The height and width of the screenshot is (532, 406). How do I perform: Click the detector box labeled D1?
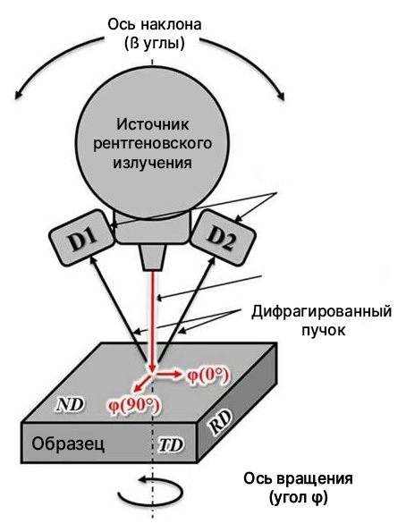pyautogui.click(x=81, y=238)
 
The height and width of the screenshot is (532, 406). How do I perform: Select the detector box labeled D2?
pyautogui.click(x=223, y=238)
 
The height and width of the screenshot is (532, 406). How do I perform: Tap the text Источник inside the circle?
pyautogui.click(x=153, y=124)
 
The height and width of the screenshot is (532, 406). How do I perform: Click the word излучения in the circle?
pyautogui.click(x=152, y=163)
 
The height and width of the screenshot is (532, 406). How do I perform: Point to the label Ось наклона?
pyautogui.click(x=155, y=25)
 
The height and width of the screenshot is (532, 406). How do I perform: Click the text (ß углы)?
pyautogui.click(x=155, y=44)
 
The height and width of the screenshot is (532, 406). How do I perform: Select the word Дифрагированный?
pyautogui.click(x=321, y=312)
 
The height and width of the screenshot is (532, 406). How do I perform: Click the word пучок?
pyautogui.click(x=324, y=331)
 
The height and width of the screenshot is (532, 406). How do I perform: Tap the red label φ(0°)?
pyautogui.click(x=207, y=376)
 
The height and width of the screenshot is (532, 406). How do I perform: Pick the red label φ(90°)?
pyautogui.click(x=134, y=404)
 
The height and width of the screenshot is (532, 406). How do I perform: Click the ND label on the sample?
pyautogui.click(x=71, y=404)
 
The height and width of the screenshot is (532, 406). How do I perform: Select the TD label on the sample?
pyautogui.click(x=171, y=445)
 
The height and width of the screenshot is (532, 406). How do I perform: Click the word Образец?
pyautogui.click(x=68, y=443)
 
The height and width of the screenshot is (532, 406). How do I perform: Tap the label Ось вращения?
pyautogui.click(x=298, y=478)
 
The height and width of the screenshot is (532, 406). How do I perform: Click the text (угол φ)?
pyautogui.click(x=299, y=498)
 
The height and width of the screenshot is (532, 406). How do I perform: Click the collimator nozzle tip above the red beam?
pyautogui.click(x=153, y=258)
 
